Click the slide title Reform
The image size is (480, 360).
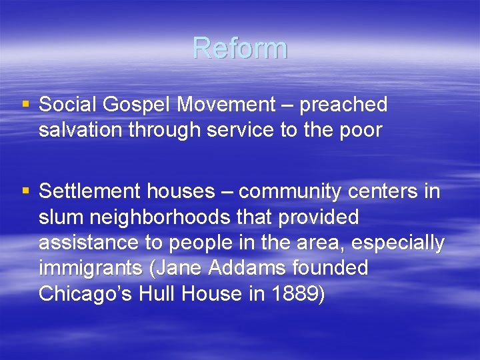(240, 49)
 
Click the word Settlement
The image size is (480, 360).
(89, 192)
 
